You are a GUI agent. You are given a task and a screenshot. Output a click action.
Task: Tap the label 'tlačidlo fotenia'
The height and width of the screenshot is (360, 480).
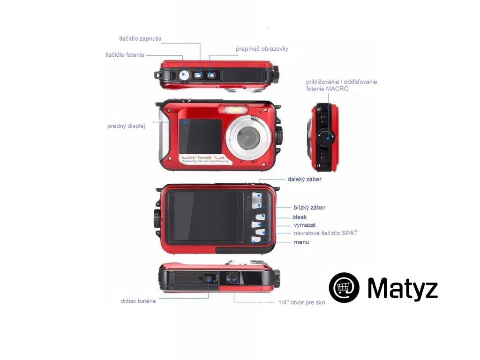click(125, 55)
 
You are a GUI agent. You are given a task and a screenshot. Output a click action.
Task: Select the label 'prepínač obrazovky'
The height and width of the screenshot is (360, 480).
click(262, 49)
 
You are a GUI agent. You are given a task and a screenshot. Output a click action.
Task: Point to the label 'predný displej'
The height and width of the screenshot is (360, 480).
click(126, 126)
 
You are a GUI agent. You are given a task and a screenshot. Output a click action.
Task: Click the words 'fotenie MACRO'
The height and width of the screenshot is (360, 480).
click(327, 89)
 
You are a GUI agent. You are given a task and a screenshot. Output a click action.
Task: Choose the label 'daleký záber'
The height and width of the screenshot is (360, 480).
click(304, 179)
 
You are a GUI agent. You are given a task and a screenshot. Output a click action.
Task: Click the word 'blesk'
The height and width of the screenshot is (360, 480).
click(299, 217)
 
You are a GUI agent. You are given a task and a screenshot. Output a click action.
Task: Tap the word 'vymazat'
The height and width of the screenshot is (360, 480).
click(304, 225)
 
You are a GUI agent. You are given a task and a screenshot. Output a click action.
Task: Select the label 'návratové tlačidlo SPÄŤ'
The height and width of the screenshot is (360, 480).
click(325, 233)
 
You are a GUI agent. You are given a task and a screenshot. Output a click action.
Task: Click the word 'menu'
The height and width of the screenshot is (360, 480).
click(301, 242)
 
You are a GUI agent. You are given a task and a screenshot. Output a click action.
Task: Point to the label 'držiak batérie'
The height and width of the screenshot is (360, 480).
click(138, 301)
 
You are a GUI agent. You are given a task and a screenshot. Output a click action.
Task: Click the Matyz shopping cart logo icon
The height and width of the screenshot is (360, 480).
click(344, 287)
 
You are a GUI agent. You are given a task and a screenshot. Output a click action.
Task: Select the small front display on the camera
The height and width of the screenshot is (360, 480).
click(200, 135)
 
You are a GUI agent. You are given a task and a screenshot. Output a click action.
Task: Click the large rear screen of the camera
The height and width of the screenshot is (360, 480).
click(206, 216)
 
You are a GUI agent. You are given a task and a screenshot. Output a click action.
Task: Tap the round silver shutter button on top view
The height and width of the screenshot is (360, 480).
click(183, 74)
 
